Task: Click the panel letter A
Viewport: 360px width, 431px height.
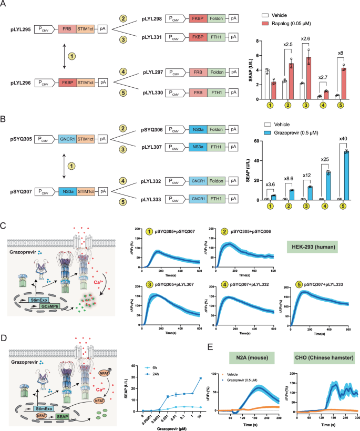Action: click(x=4, y=4)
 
